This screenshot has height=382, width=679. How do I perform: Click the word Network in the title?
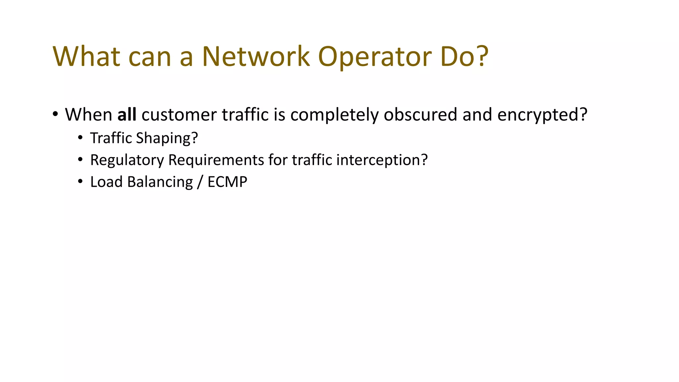coord(256,56)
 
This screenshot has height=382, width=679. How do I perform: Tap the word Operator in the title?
coord(375,56)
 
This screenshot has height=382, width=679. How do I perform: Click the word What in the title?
coord(86,56)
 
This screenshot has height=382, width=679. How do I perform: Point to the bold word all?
coord(127,115)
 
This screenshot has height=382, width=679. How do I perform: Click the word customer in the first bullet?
coord(179,115)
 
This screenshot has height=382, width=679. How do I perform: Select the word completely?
coord(335,115)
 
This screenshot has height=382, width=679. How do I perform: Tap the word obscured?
coord(420,115)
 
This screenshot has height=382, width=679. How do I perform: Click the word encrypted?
coord(542,115)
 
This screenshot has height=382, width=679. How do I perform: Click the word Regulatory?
coord(127,160)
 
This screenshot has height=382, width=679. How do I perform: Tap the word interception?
coord(382,160)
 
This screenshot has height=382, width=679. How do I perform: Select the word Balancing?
coord(160,182)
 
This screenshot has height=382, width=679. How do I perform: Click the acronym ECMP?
coord(227,182)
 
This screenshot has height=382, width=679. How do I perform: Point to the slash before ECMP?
coord(200,182)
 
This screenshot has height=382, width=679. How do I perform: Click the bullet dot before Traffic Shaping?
coord(80,138)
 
